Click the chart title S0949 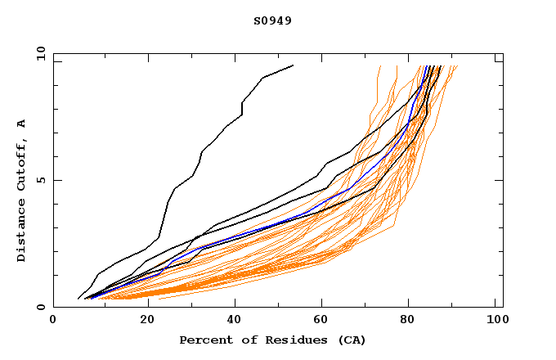click(272, 20)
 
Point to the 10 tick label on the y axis click(39, 53)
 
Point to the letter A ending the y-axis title click(22, 123)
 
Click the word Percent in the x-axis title click(204, 340)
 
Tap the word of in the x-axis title click(245, 340)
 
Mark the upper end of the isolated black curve click(292, 65)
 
